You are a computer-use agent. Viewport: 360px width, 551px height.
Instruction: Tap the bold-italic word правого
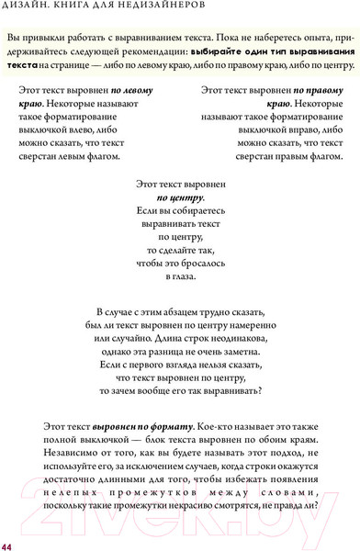click(x=318, y=91)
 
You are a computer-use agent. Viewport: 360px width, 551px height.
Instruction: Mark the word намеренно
click(x=242, y=326)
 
